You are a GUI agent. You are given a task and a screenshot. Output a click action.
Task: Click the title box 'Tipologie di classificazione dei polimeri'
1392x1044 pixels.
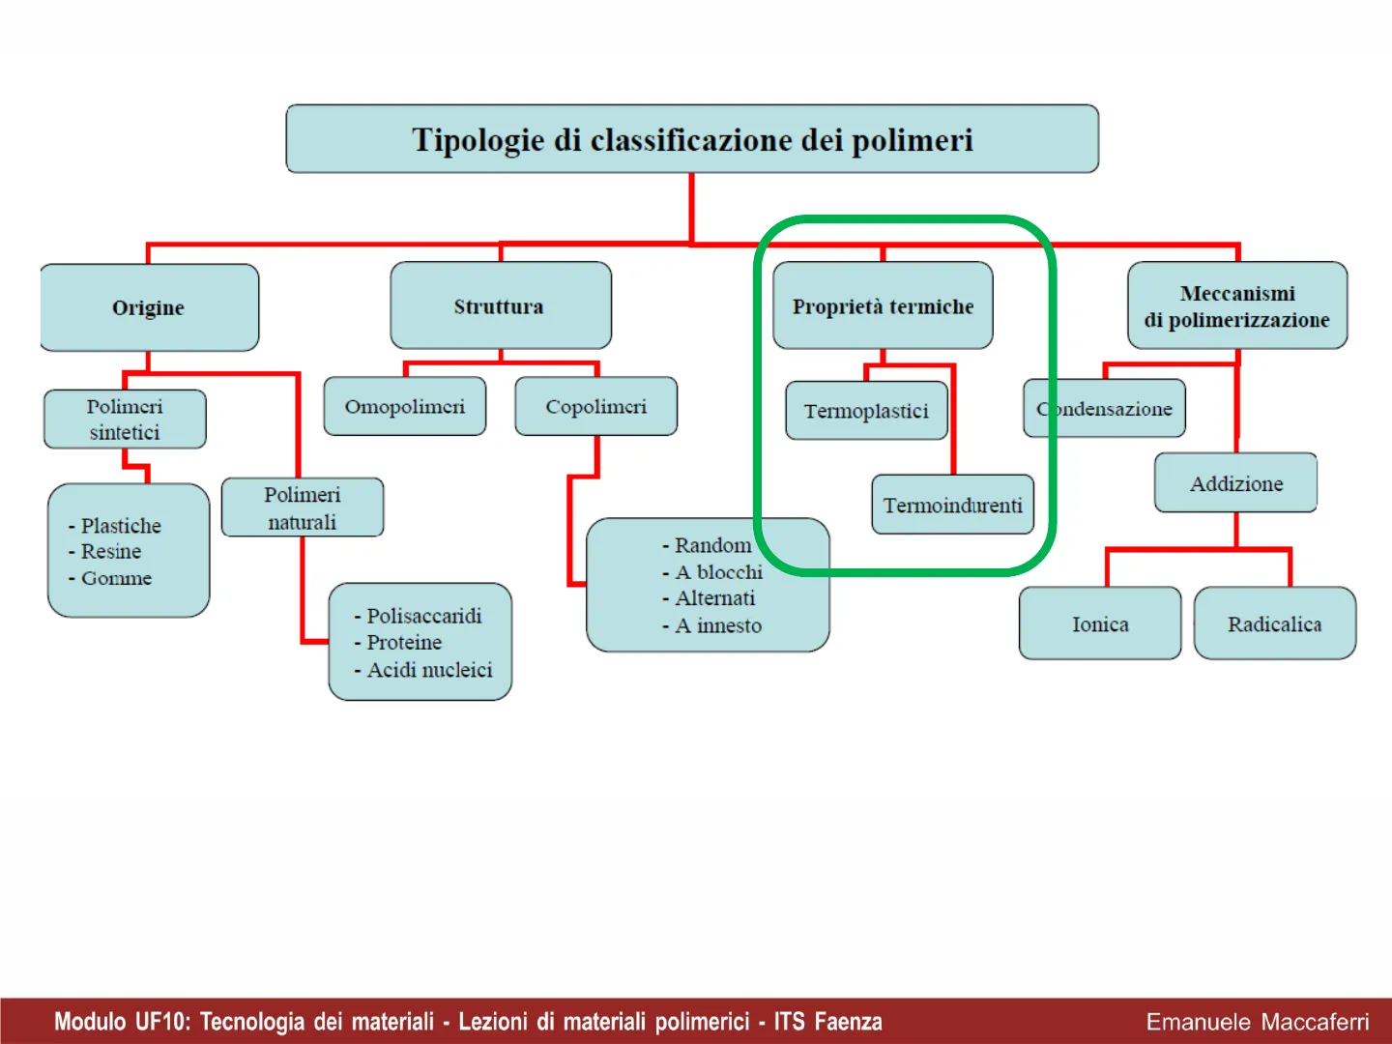[x=692, y=139]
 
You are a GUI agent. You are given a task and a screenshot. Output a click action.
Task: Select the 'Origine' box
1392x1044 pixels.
[x=149, y=307]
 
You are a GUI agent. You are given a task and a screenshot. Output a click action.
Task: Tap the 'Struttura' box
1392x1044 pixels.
[x=500, y=306]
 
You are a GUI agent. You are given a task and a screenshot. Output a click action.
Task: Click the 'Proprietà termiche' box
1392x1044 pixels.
[x=883, y=306]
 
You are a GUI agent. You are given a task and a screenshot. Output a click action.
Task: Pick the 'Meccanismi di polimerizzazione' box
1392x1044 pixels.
[x=1237, y=305]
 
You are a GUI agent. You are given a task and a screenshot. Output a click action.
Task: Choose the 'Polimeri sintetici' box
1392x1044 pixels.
[x=125, y=420]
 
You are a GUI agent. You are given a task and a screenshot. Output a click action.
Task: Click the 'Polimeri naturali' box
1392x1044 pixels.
[x=303, y=507]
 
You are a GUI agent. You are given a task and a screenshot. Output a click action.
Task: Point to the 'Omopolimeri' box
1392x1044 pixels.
[x=405, y=407]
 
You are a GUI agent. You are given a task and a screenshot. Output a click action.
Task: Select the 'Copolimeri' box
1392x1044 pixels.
[x=595, y=407]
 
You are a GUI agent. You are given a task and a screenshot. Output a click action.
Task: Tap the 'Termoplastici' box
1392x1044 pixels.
[x=866, y=411]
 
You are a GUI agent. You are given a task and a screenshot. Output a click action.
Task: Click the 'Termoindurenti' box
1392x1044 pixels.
[x=953, y=505]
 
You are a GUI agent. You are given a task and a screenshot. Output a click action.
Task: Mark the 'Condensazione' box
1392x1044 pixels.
[x=1105, y=409]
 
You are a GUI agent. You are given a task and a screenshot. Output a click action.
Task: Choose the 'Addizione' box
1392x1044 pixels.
[x=1236, y=483]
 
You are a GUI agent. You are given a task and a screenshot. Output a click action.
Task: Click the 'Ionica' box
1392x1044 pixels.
[x=1100, y=623]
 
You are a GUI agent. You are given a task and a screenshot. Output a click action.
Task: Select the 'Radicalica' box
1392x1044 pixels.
[x=1275, y=623]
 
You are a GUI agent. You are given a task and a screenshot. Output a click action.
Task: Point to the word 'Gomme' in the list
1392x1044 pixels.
[x=116, y=578]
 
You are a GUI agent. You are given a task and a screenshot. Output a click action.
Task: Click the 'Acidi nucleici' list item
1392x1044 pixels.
[x=429, y=670]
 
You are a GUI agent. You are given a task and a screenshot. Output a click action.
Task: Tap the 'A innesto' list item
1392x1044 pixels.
[x=718, y=625]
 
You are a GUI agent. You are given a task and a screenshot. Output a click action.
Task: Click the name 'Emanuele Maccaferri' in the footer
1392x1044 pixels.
[x=1258, y=1022]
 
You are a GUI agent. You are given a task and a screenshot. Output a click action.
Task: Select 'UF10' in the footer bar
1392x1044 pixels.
[x=162, y=1022]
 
